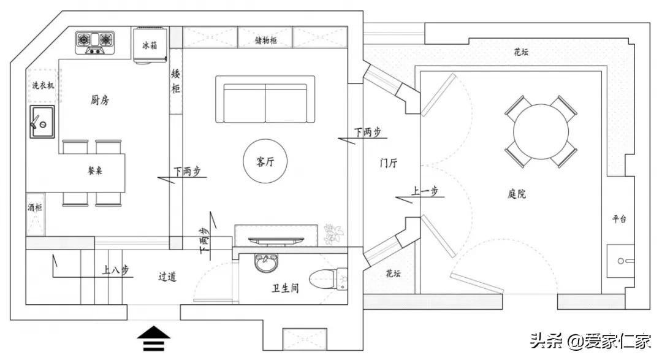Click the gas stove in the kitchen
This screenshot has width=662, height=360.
click(96, 42)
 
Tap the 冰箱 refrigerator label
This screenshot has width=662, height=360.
click(150, 45)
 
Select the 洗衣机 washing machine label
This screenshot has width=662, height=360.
click(43, 86)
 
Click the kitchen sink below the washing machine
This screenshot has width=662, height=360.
click(42, 121)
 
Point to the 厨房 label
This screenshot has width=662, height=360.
click(101, 100)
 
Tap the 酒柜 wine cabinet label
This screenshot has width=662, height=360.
click(35, 209)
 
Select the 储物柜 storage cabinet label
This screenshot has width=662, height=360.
click(265, 40)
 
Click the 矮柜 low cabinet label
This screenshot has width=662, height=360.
click(176, 82)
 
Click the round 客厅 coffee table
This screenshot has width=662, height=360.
click(265, 162)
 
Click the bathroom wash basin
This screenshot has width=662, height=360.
click(266, 264)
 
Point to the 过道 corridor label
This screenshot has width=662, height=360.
click(167, 277)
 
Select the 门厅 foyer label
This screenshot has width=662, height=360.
click(389, 163)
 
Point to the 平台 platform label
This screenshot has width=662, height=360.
click(619, 219)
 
